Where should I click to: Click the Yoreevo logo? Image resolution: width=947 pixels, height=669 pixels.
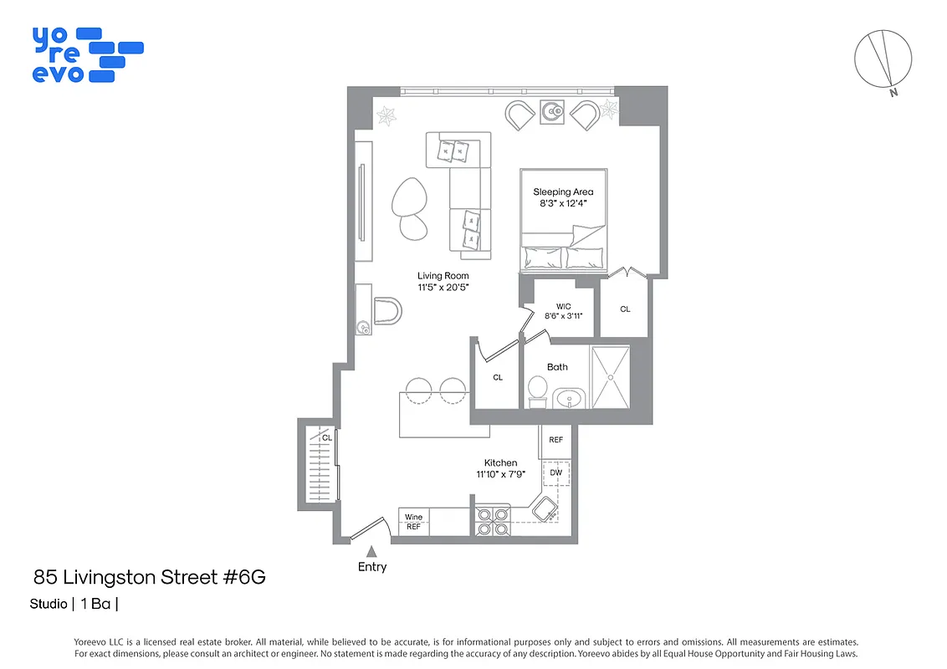87,54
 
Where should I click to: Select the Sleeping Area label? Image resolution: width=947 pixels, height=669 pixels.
563,192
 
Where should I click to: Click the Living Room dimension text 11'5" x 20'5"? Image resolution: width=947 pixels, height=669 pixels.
443,287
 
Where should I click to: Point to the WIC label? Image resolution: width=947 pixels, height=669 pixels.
563,306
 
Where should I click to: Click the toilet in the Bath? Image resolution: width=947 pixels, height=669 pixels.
538,391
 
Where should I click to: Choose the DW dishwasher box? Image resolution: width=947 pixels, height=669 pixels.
556,473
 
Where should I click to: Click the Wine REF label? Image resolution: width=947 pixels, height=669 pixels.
414,523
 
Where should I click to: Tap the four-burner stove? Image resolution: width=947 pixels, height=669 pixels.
493,520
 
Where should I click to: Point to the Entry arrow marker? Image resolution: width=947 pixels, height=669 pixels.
372,551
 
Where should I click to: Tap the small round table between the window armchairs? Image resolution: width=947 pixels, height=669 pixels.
552,111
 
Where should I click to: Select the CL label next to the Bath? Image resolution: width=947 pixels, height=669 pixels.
498,377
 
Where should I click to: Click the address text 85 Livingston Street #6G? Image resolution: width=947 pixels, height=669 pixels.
150,577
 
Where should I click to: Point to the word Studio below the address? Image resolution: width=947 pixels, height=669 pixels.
49,604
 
